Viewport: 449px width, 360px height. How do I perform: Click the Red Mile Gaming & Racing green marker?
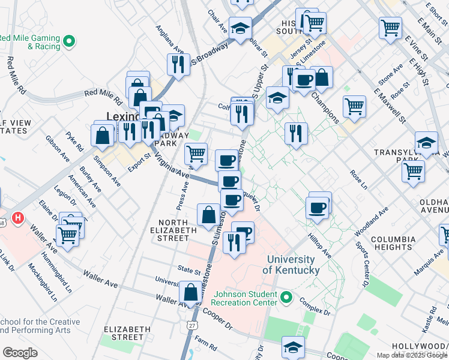[70, 42]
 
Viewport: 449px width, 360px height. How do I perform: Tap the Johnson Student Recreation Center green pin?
[286, 298]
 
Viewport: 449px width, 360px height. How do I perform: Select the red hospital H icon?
[19, 218]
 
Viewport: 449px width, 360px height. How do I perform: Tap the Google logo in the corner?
[20, 353]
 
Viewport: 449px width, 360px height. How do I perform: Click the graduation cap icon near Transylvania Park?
[426, 143]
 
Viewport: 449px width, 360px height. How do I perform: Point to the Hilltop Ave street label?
[319, 246]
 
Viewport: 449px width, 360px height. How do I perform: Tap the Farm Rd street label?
[205, 344]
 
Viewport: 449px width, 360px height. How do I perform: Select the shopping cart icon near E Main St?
[390, 26]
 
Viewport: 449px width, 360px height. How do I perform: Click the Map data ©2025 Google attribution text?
[412, 355]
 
